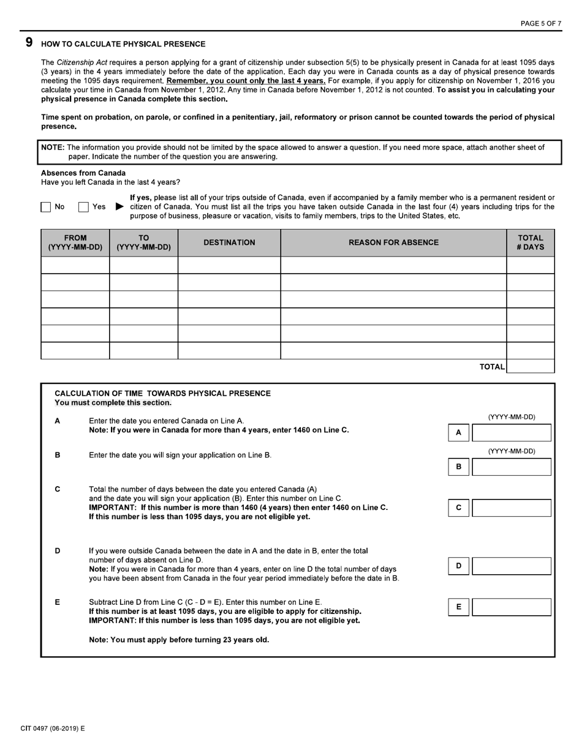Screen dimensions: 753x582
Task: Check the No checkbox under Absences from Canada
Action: [x=46, y=207]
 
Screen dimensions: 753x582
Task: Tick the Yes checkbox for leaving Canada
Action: [x=83, y=207]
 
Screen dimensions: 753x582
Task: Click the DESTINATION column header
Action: [x=229, y=242]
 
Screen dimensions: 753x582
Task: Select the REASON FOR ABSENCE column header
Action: [x=393, y=242]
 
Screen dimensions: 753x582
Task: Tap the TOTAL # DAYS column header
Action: [x=530, y=242]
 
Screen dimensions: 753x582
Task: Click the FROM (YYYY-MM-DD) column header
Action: [x=75, y=242]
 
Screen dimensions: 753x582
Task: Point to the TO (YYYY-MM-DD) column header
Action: [x=143, y=242]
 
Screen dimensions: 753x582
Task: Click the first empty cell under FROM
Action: [x=75, y=265]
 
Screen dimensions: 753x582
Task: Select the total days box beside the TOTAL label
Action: [x=530, y=366]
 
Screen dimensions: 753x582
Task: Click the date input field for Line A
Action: [x=511, y=433]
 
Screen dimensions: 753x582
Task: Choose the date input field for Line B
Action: [x=511, y=467]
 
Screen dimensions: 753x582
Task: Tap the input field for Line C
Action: [x=511, y=508]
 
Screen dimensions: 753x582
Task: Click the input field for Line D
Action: [x=511, y=566]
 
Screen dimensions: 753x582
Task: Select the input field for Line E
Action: [x=511, y=607]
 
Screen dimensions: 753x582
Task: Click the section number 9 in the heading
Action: [x=29, y=43]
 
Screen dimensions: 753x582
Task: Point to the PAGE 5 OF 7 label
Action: [x=540, y=23]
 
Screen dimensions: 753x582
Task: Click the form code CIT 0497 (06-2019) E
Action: [x=53, y=729]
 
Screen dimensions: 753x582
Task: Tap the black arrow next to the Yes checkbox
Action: [x=119, y=207]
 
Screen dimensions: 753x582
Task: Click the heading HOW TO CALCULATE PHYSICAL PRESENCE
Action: [x=123, y=44]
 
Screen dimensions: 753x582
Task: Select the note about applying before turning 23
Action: [x=179, y=640]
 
